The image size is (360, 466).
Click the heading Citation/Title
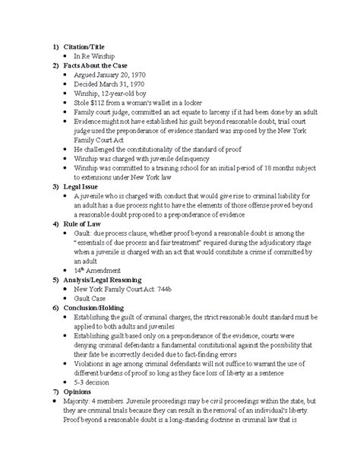click(x=87, y=46)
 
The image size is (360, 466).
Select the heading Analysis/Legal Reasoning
click(x=106, y=301)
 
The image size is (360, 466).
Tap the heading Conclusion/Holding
click(x=97, y=333)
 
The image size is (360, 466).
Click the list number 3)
click(x=53, y=184)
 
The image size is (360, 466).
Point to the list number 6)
click(x=53, y=333)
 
